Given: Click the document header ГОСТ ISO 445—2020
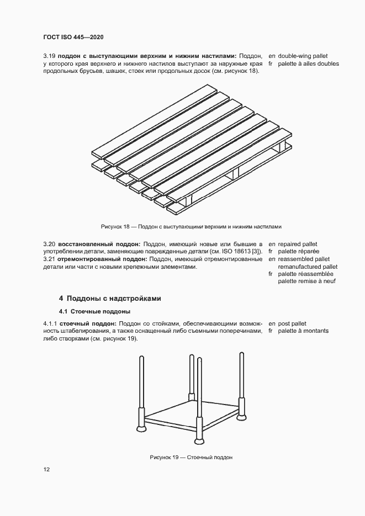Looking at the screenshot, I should [73, 38].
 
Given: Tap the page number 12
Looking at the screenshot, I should [46, 469].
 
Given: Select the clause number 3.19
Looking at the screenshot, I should [50, 56].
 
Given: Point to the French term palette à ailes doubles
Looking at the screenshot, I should [308, 63].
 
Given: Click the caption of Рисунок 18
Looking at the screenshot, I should [191, 226].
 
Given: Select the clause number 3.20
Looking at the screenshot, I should [50, 244].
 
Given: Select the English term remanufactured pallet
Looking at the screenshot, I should [308, 267].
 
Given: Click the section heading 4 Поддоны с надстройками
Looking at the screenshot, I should [110, 298].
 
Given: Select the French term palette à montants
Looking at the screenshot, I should [303, 331].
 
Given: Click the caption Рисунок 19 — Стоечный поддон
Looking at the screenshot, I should [191, 458].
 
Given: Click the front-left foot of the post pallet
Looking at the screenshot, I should [140, 428].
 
